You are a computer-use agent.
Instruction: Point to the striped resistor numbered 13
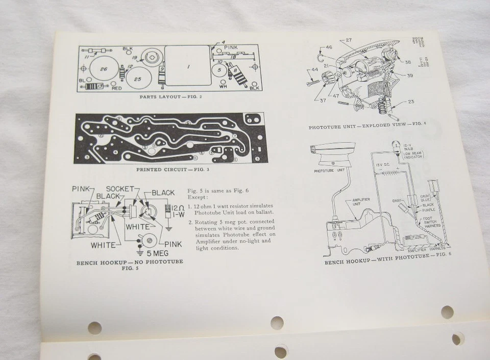point(96,87)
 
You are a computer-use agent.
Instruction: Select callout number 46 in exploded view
point(329,47)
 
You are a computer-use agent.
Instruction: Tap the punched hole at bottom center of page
point(277,323)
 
